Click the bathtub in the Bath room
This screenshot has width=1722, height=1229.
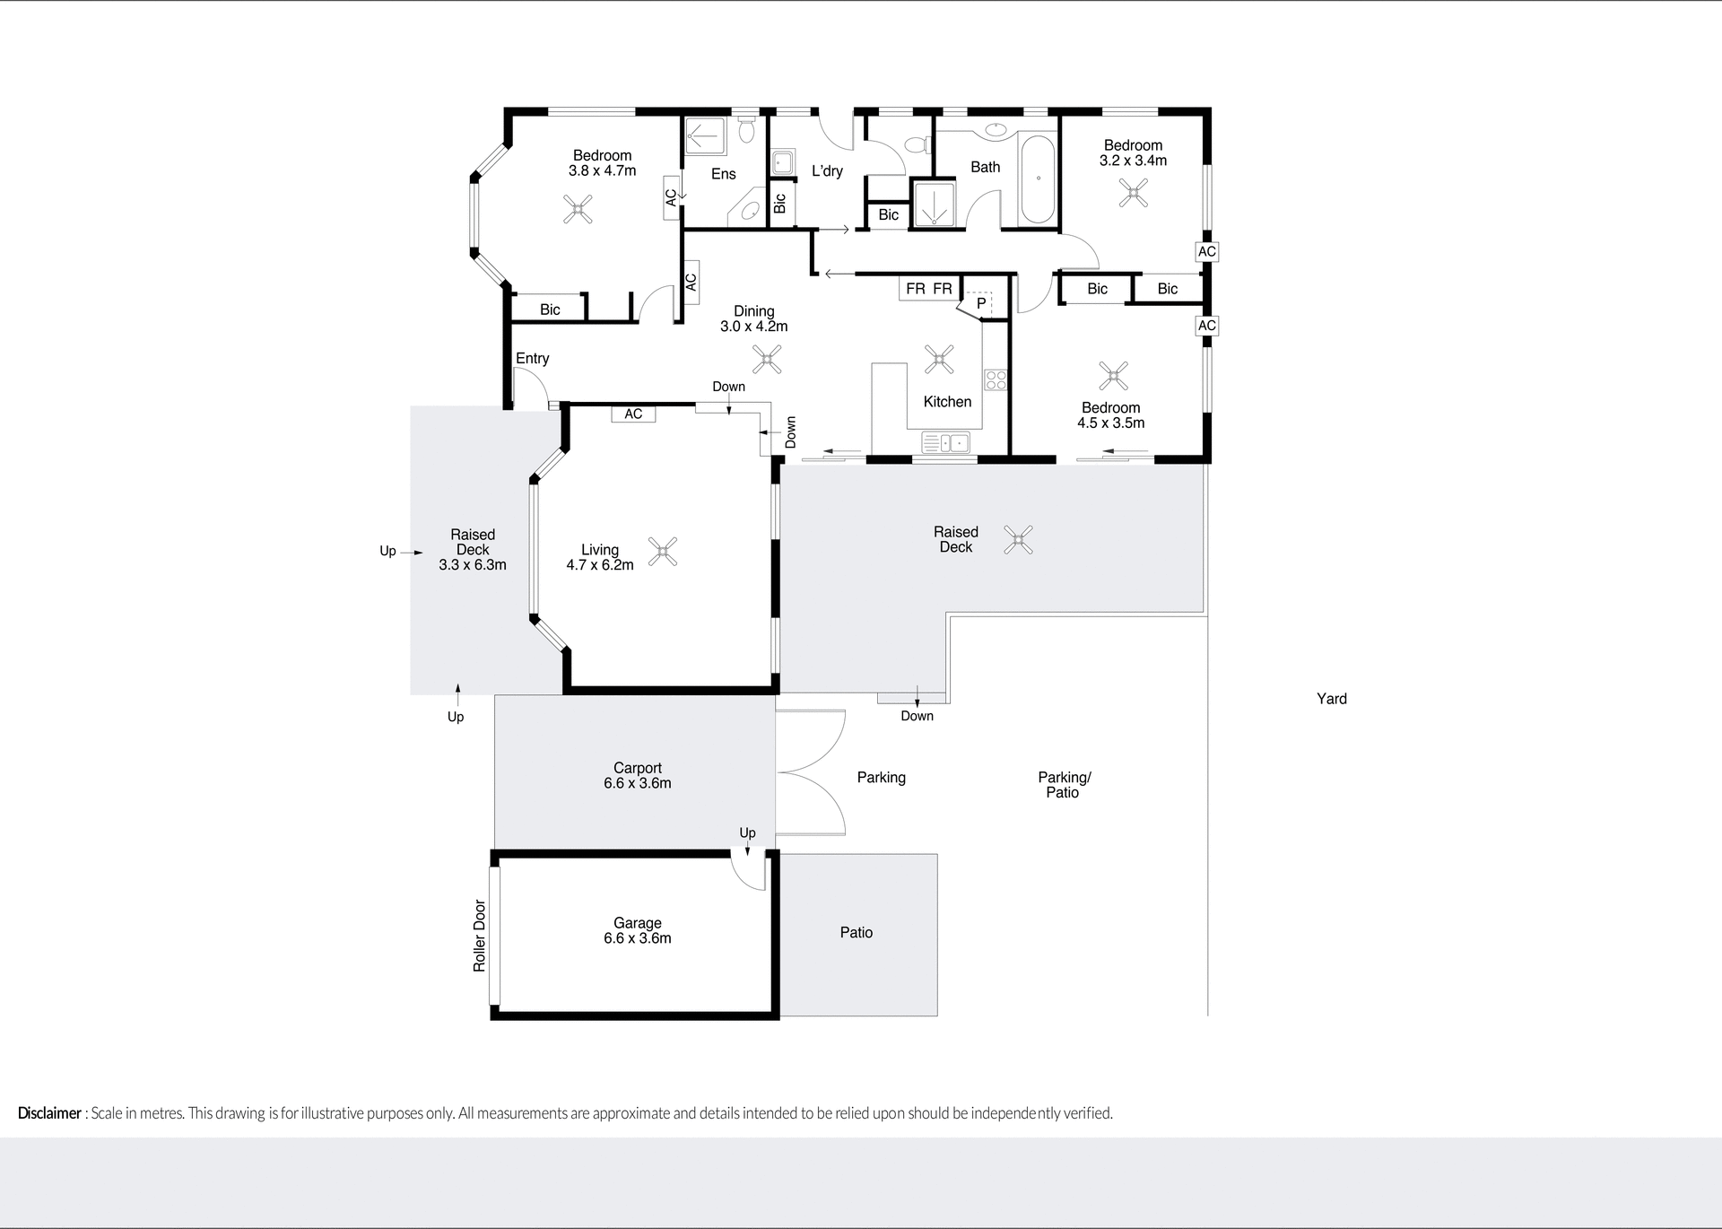point(1038,179)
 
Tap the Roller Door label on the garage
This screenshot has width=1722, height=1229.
point(479,936)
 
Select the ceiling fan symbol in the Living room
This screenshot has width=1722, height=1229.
point(663,551)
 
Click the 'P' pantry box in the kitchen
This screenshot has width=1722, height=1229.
point(979,303)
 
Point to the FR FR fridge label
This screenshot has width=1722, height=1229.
point(928,289)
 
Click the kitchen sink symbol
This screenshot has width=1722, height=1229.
point(946,442)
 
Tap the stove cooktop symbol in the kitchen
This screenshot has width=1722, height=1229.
point(996,379)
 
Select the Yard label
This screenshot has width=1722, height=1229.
point(1331,699)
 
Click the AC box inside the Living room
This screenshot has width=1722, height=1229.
point(633,414)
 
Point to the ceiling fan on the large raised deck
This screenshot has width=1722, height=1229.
point(1018,539)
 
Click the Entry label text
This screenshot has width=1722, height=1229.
point(532,358)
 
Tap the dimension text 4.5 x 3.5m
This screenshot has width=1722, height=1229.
point(1110,423)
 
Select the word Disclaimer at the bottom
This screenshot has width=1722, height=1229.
point(49,1113)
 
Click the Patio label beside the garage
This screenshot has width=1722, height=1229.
point(856,933)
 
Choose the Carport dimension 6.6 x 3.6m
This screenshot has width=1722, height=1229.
point(637,783)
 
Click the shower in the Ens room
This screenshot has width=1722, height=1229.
point(705,138)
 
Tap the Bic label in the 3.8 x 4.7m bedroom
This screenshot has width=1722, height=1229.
point(550,309)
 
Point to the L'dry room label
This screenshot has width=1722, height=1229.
point(826,170)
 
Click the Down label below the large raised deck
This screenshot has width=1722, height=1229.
point(917,716)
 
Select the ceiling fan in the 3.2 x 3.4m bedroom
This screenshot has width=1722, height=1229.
point(1134,193)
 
